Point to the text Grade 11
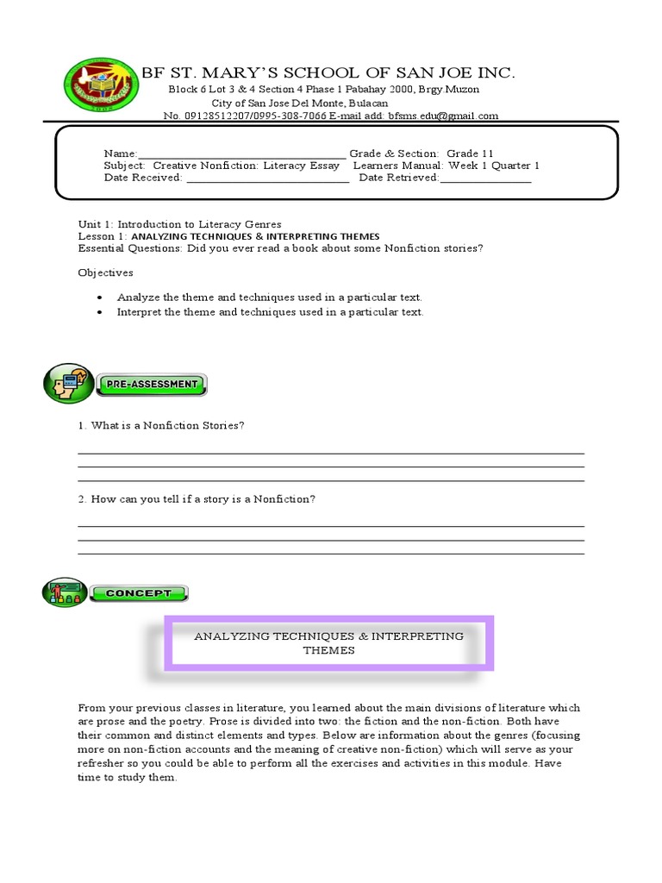click(470, 153)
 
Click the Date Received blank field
click(267, 178)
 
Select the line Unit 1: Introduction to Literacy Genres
click(179, 223)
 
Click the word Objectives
click(105, 272)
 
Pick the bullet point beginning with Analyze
click(269, 297)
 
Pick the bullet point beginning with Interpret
click(270, 312)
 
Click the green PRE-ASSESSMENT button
click(152, 384)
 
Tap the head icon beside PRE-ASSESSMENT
click(67, 384)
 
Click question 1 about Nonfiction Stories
click(161, 426)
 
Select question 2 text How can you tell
click(197, 499)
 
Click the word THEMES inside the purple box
click(328, 650)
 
